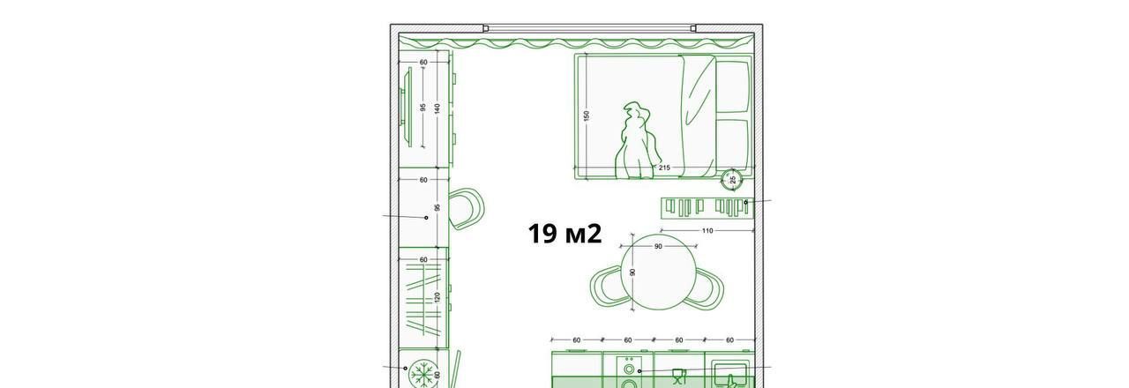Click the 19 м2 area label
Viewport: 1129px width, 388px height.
(564, 234)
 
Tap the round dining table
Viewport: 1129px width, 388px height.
(658, 273)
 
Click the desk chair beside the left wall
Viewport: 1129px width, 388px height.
(467, 209)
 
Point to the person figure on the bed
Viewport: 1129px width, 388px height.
(638, 141)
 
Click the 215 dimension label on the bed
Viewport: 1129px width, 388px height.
(664, 168)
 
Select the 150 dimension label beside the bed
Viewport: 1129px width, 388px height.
(586, 116)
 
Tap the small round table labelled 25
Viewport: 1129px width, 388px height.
(732, 179)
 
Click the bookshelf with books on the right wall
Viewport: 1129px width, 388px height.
(707, 207)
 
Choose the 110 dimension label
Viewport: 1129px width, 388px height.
(707, 231)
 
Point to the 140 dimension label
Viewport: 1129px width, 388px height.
(437, 108)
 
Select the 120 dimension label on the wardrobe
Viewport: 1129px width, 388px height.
(437, 297)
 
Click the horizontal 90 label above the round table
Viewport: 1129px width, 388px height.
(658, 246)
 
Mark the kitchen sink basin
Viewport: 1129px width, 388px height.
(729, 374)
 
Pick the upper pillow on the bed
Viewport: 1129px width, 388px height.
(732, 86)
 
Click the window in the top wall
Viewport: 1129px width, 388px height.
(590, 28)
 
